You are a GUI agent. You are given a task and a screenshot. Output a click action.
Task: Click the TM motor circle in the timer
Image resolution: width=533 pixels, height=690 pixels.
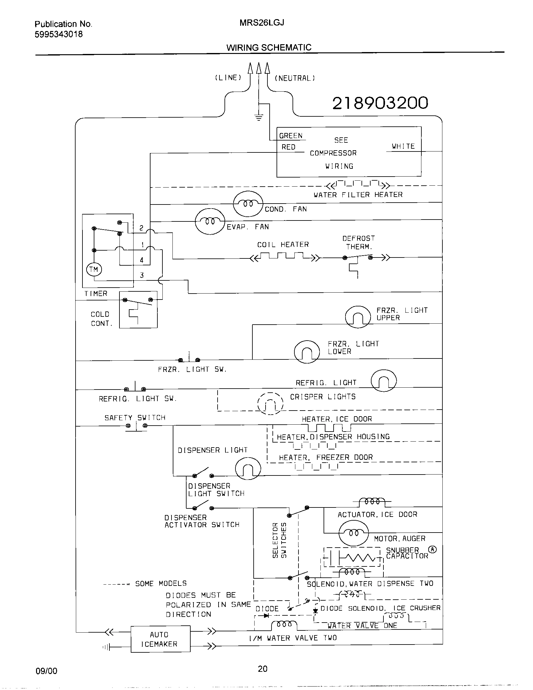point(94,269)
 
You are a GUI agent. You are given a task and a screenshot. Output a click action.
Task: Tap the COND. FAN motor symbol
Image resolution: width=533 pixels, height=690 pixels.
point(248,204)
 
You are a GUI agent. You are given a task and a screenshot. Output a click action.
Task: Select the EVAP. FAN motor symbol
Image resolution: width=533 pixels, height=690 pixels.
point(210,221)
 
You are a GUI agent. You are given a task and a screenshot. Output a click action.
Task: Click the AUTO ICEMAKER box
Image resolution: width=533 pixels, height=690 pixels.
point(161,639)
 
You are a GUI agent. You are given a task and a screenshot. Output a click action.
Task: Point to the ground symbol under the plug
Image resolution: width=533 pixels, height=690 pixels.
point(259,118)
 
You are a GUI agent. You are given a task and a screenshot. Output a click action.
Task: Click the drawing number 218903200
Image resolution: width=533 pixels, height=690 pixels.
point(380,103)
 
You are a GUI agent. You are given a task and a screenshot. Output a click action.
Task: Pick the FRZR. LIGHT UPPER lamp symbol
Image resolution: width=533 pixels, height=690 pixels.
point(358,316)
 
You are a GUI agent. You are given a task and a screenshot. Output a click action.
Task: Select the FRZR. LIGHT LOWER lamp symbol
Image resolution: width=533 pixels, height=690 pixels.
point(307,352)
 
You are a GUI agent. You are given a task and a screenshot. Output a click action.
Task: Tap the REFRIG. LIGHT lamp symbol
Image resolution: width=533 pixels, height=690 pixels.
point(383,380)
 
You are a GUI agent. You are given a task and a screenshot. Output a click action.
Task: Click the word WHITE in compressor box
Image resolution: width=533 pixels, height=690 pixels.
point(403,146)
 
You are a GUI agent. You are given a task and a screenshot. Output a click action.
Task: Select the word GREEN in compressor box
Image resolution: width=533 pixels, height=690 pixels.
point(291,135)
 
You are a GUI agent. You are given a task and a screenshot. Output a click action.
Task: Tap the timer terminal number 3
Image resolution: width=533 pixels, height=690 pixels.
point(142,275)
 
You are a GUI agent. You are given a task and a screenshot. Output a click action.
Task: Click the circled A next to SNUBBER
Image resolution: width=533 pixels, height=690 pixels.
point(432,549)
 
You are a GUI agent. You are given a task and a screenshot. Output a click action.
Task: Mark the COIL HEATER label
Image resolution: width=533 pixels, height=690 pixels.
point(283,245)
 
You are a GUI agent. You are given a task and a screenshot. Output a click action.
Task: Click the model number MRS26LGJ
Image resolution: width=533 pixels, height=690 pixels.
point(262,23)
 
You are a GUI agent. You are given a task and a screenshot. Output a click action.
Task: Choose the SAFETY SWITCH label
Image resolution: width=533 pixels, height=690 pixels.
point(135,418)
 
